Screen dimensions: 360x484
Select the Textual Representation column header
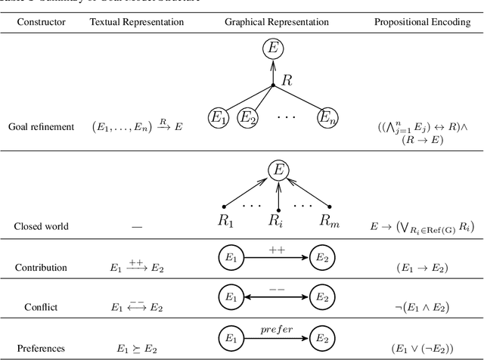pos(137,22)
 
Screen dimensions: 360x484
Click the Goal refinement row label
pos(41,126)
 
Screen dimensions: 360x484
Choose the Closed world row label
pos(41,225)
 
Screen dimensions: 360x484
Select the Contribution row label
pos(41,267)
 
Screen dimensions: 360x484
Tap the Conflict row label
pos(41,308)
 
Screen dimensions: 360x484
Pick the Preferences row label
pos(41,349)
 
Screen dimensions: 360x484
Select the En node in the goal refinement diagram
pos(327,117)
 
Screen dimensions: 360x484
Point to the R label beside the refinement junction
pos(287,79)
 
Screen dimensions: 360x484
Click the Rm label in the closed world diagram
pos(327,222)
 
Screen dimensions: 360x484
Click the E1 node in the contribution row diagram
pos(229,258)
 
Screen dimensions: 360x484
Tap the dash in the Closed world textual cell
pos(137,225)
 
